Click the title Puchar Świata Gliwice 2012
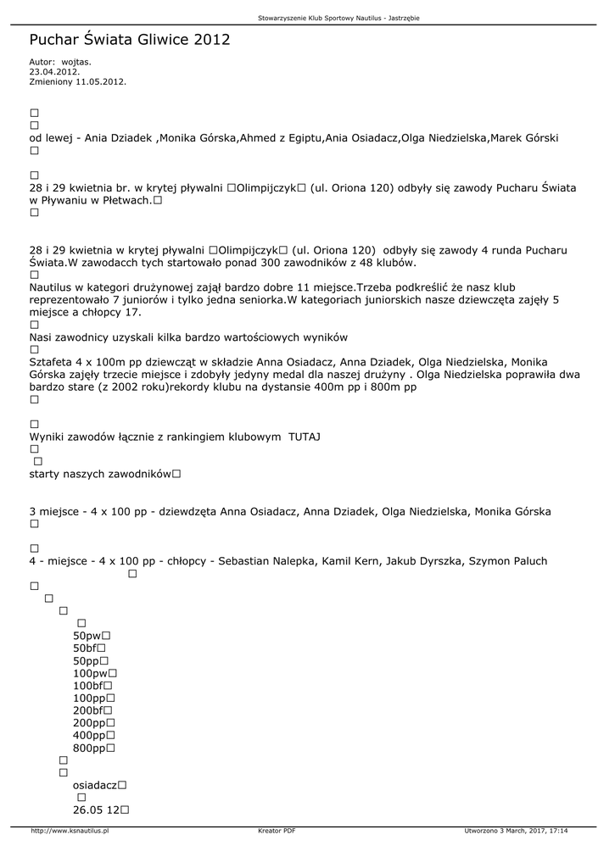tap(129, 40)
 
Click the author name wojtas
tap(75, 62)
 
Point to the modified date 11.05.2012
tap(100, 82)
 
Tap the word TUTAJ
tap(304, 437)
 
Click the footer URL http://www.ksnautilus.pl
tap(70, 831)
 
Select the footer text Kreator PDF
tap(277, 831)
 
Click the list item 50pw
tap(87, 636)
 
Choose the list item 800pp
tap(89, 748)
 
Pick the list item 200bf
tap(88, 710)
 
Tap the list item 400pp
tap(89, 736)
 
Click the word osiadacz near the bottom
tap(95, 786)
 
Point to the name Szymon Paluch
tap(508, 561)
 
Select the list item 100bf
tap(88, 686)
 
